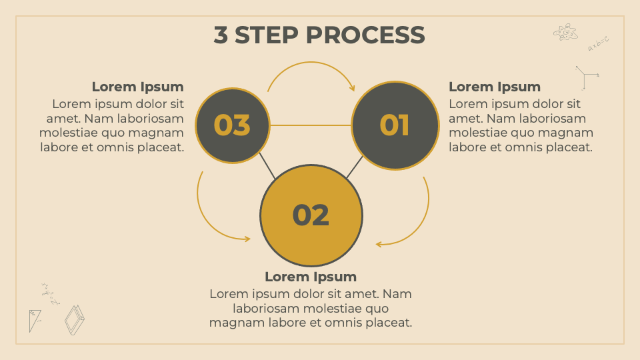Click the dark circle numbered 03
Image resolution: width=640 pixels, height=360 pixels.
233,125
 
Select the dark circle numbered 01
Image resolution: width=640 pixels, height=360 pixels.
395,125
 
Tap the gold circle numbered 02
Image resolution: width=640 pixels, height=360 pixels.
311,215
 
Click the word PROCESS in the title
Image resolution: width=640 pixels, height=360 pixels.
365,35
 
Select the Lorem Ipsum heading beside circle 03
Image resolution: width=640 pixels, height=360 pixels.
137,87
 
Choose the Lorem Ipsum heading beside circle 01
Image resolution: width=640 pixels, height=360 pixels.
494,87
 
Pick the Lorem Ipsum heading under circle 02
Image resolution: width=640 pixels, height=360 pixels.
311,277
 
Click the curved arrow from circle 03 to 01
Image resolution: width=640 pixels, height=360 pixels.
311,64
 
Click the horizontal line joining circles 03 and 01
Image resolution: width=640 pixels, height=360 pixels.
311,125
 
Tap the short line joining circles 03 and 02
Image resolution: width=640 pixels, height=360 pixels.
267,166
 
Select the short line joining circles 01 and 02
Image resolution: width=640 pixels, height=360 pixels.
354,167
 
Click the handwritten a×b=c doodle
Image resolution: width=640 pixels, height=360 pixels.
598,44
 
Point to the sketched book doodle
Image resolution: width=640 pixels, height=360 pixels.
74,320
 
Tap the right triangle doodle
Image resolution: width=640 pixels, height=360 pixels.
34,319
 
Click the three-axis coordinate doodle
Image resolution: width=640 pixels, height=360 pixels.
585,77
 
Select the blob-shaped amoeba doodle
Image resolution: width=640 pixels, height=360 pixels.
565,31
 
